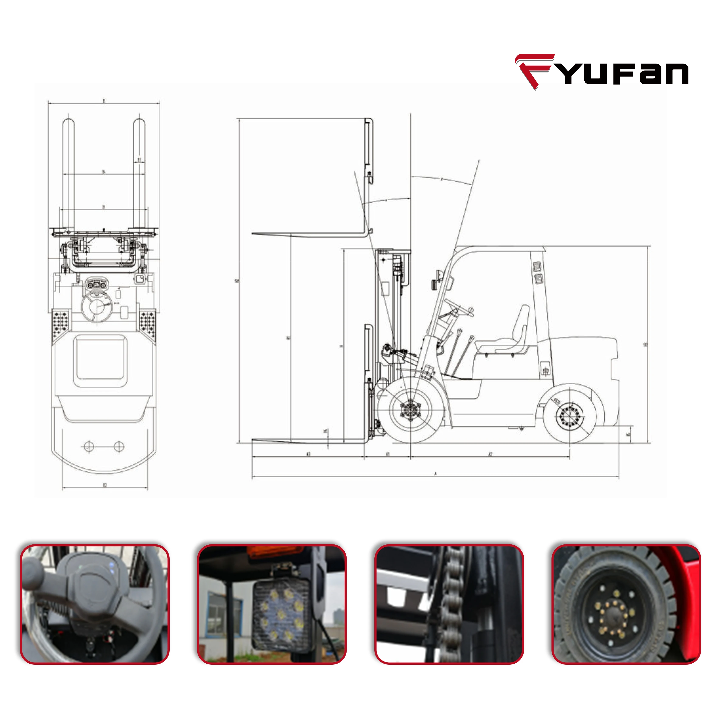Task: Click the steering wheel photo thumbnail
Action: (x=95, y=604)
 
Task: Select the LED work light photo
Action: (x=272, y=604)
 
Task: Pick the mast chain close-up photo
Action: (x=449, y=604)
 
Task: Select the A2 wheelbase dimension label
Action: (x=490, y=454)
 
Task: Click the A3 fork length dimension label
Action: (x=308, y=454)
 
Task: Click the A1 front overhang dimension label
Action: (x=388, y=454)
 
